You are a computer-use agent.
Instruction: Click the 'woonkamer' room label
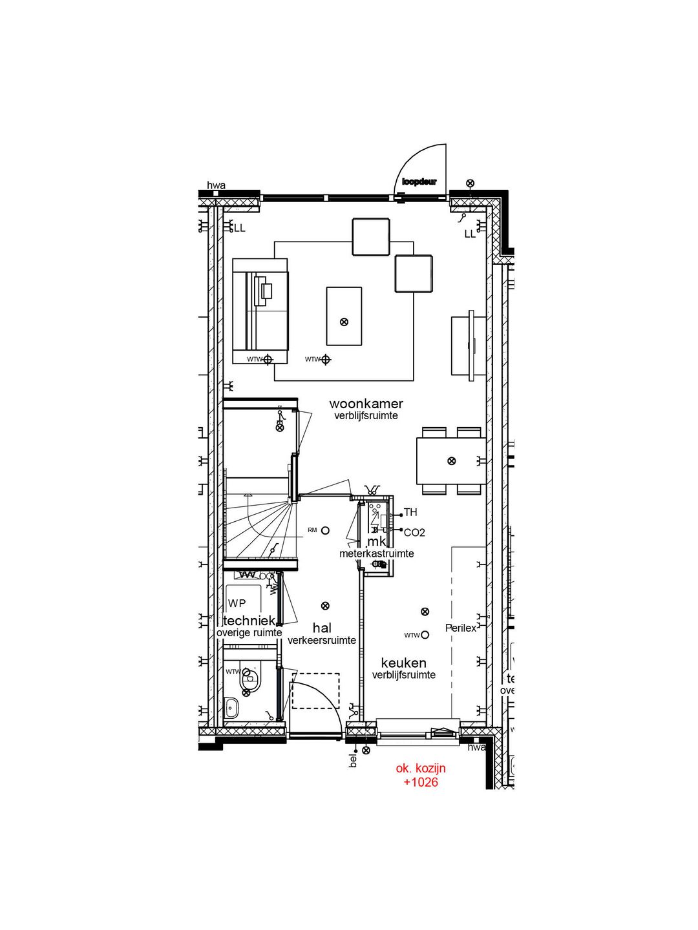click(366, 404)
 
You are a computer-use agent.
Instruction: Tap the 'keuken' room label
click(403, 663)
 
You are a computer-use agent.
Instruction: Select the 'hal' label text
click(322, 628)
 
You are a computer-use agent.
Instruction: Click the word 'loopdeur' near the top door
click(419, 181)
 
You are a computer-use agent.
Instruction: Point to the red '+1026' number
click(421, 782)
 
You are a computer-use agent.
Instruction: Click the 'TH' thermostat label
click(410, 513)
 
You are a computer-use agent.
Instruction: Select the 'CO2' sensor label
click(414, 533)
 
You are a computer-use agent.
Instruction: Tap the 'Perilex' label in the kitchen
click(460, 628)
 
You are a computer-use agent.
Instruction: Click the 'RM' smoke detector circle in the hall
click(325, 530)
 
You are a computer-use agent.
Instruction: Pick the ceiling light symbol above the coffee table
click(344, 322)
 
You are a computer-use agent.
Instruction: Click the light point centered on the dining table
click(452, 460)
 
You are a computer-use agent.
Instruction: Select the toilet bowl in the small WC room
click(249, 679)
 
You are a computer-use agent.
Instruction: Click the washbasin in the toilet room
click(231, 708)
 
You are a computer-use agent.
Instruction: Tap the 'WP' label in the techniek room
click(237, 603)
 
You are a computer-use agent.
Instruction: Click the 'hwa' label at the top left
click(216, 186)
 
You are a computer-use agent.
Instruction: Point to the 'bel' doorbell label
click(353, 760)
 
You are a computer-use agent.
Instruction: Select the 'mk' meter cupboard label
click(376, 541)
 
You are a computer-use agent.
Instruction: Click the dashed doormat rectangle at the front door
click(315, 691)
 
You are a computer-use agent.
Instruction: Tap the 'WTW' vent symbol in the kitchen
click(425, 635)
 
